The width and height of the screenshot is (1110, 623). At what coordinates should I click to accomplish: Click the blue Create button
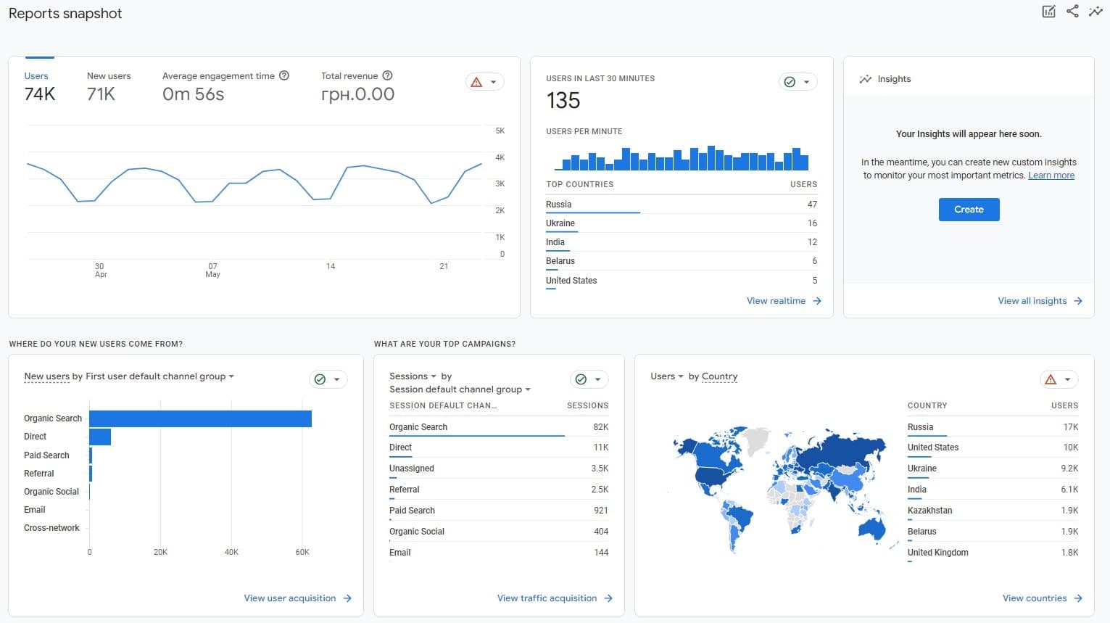(969, 210)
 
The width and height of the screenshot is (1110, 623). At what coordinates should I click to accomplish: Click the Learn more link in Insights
(1051, 176)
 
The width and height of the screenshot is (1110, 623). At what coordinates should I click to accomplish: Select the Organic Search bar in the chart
(200, 418)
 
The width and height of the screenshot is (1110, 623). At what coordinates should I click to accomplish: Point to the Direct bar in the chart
(100, 437)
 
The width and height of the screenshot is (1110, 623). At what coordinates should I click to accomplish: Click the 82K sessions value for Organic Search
(600, 427)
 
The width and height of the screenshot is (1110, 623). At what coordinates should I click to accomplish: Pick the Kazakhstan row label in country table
(929, 511)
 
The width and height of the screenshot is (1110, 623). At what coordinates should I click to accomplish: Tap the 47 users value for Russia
(812, 205)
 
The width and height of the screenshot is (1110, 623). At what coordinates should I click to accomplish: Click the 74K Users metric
(40, 94)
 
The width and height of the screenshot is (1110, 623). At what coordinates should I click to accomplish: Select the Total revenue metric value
(357, 94)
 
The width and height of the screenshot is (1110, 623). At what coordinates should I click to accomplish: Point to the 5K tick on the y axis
(500, 131)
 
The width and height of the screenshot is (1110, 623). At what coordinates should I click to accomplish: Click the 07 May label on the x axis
(212, 270)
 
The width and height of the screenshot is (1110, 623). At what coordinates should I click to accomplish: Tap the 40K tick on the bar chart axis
(231, 553)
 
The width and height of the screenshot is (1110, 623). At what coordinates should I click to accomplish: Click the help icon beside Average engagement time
(284, 75)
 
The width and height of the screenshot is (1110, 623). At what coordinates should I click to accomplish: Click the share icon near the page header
(1072, 11)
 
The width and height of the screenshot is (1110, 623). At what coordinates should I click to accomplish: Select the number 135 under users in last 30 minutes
(563, 100)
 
